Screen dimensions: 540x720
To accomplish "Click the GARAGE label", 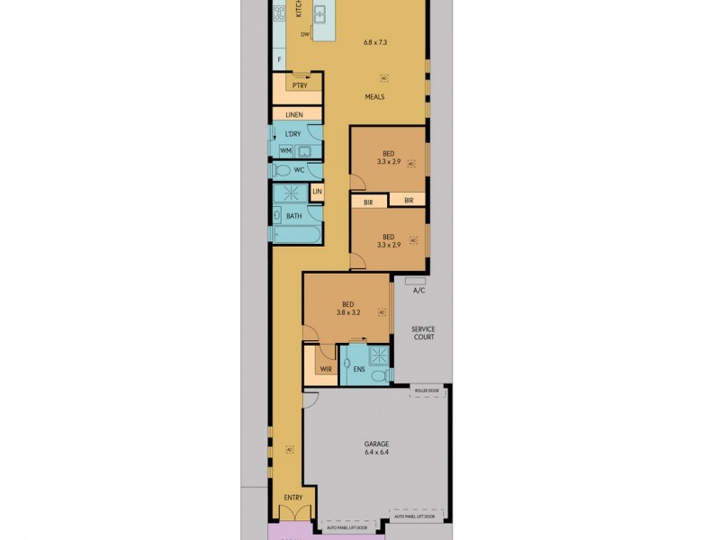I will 376,444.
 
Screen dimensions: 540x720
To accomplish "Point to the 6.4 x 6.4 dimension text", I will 376,454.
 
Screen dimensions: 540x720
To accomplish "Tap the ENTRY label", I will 293,497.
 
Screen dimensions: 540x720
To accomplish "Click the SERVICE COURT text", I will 423,333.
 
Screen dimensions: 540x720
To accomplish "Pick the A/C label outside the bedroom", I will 418,291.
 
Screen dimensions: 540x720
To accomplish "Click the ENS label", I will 359,369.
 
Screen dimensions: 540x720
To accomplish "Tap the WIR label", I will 325,369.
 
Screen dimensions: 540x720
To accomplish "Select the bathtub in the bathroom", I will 296,235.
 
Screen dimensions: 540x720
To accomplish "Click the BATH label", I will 293,216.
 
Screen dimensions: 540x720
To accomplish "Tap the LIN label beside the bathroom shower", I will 317,192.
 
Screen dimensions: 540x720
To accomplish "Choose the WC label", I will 300,169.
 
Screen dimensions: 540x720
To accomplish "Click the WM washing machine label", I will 284,150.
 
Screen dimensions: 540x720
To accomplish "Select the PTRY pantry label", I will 299,85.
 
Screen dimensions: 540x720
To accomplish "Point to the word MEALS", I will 376,96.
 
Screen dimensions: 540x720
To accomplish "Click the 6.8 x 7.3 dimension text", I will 376,42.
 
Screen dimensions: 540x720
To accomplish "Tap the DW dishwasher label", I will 305,34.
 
